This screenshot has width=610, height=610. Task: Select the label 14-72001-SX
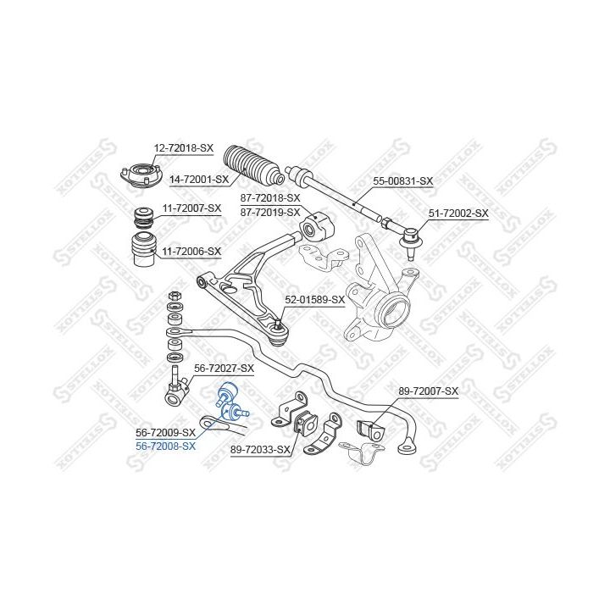pyautogui.click(x=199, y=180)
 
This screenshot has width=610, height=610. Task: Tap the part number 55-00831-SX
pyautogui.click(x=403, y=181)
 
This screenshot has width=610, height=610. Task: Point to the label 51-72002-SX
pyautogui.click(x=458, y=213)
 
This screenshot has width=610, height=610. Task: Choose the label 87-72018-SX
pyautogui.click(x=270, y=197)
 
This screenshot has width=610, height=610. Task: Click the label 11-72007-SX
pyautogui.click(x=191, y=208)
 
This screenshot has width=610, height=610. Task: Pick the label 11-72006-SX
pyautogui.click(x=191, y=251)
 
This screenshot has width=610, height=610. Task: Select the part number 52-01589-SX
pyautogui.click(x=314, y=299)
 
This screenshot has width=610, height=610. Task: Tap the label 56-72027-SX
pyautogui.click(x=224, y=368)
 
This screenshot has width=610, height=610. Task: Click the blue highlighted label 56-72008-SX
pyautogui.click(x=166, y=446)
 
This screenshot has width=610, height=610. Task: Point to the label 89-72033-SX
pyautogui.click(x=260, y=451)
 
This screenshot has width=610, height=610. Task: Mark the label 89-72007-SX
pyautogui.click(x=428, y=391)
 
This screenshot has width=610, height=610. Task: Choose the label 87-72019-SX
pyautogui.click(x=270, y=211)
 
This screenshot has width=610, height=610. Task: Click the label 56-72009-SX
pyautogui.click(x=165, y=432)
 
